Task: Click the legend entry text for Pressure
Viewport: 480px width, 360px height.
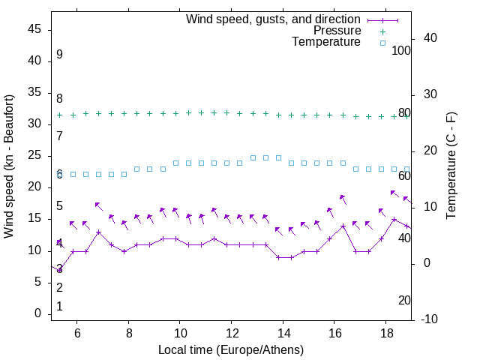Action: pos(337,31)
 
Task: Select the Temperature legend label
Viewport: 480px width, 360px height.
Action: pos(326,43)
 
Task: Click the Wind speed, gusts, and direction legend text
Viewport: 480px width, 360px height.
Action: pos(274,19)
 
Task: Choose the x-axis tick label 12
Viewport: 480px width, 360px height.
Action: pos(231,333)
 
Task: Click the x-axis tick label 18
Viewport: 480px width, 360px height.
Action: pos(385,333)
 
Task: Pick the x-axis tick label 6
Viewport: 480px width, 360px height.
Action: pos(77,333)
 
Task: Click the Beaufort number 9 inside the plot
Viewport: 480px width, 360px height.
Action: pos(59,55)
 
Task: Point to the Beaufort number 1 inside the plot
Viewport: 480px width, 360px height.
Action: pos(59,307)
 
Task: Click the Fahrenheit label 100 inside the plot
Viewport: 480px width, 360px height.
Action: pos(402,50)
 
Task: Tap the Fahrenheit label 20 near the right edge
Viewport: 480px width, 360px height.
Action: pos(404,301)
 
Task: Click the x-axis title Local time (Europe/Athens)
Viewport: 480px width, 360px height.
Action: pos(231,349)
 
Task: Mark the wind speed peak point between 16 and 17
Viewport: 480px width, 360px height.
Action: pos(343,226)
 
